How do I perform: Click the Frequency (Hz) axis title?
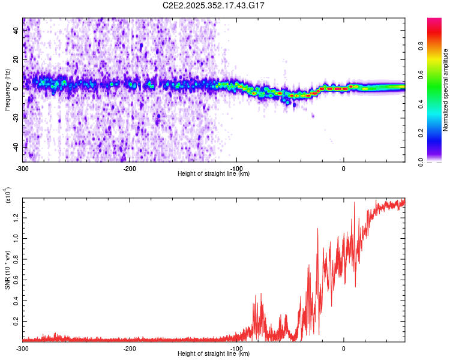[x=8, y=90]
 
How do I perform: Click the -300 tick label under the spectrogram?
[x=23, y=169]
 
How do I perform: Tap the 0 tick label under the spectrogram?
[x=344, y=169]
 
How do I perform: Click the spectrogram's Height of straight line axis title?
[x=214, y=174]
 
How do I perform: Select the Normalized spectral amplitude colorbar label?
[x=445, y=90]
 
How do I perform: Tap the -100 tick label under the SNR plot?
[x=236, y=349]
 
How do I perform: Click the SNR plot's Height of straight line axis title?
[x=214, y=354]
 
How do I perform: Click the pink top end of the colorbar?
[x=434, y=22]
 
